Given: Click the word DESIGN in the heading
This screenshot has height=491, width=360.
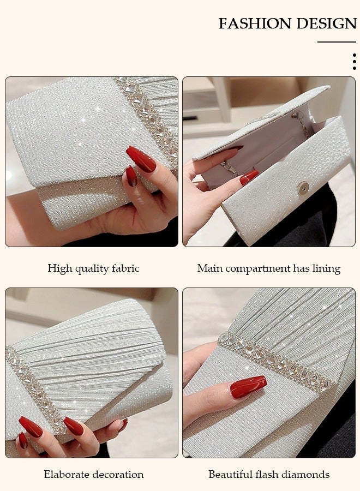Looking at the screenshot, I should click(x=326, y=24).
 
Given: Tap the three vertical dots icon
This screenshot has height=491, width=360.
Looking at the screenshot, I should click(x=354, y=61).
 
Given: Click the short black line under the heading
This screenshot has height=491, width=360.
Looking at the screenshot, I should click(x=337, y=42).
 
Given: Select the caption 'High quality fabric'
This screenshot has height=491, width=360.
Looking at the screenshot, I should click(x=93, y=268).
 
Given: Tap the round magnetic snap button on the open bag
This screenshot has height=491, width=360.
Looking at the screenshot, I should click(x=303, y=188).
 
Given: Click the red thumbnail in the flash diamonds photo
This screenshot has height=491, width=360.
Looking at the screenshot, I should click(x=248, y=387).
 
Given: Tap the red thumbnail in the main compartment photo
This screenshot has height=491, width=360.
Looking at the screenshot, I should click(x=249, y=177).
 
